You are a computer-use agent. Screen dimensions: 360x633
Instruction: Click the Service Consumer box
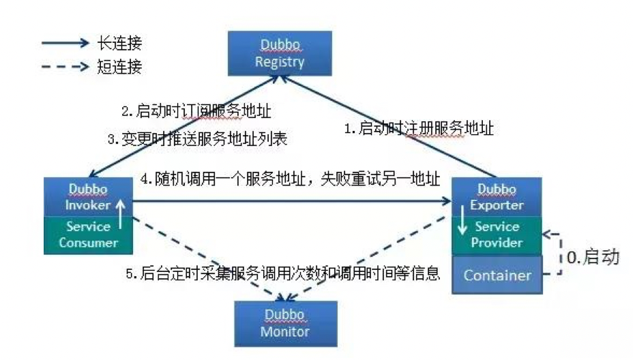tap(87, 235)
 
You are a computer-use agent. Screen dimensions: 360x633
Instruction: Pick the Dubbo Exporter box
tap(497, 196)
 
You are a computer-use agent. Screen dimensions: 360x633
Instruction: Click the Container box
tap(497, 275)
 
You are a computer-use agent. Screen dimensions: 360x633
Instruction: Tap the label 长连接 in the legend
tap(120, 44)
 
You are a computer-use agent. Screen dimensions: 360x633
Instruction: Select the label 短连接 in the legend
tap(120, 67)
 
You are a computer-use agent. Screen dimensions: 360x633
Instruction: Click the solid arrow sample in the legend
tap(65, 44)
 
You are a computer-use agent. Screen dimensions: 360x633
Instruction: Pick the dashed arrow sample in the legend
tap(65, 67)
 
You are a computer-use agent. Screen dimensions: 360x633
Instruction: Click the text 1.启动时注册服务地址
tap(417, 128)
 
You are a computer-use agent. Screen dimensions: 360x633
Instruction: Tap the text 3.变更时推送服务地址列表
tap(196, 139)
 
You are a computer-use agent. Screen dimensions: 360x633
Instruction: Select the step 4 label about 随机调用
tap(290, 179)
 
